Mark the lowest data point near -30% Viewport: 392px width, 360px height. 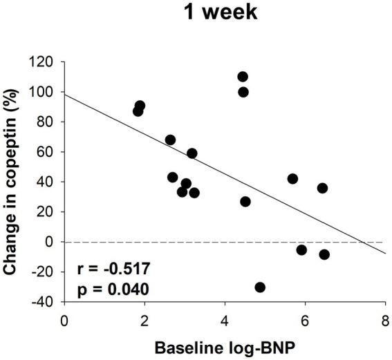(260, 287)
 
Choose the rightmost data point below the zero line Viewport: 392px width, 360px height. (324, 254)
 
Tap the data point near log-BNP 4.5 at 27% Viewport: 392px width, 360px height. (245, 202)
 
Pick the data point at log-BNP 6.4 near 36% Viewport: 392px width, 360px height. (322, 188)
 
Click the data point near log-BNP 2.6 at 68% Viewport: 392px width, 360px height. (170, 140)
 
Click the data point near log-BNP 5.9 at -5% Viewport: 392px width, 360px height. (301, 249)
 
